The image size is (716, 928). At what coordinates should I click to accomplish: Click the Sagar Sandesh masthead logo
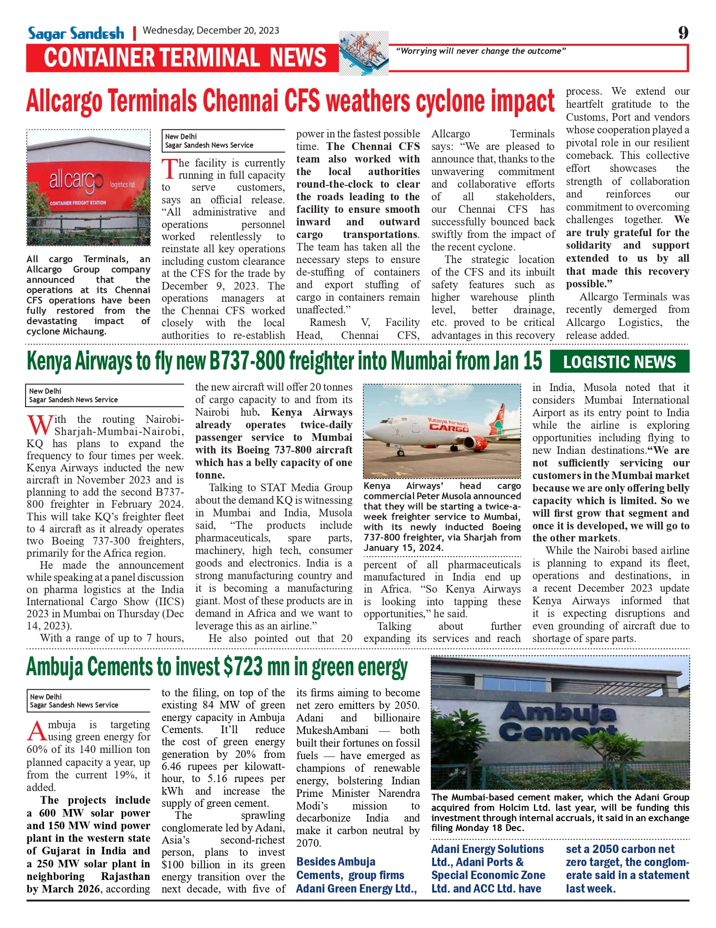tap(76, 33)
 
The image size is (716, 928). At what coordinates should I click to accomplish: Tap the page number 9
tap(683, 32)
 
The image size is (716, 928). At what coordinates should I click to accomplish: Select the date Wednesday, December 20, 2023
tap(211, 31)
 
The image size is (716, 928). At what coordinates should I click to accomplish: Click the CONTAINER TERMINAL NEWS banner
tap(184, 58)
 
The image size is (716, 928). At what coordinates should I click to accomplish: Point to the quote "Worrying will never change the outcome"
tap(480, 51)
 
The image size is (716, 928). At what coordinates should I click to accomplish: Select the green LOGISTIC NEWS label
tap(619, 362)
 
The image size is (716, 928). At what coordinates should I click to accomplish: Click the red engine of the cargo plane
tap(478, 443)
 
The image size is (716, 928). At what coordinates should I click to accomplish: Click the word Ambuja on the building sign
tap(558, 712)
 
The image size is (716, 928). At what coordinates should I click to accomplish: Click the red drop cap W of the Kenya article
tap(39, 425)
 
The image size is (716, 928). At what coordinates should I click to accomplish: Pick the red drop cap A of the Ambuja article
tap(36, 730)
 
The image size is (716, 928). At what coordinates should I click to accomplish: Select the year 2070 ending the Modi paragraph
tap(308, 843)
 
